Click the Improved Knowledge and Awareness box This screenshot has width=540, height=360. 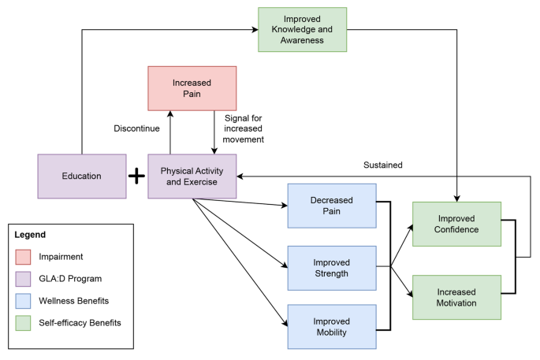pyautogui.click(x=302, y=30)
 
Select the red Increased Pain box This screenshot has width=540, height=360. pyautogui.click(x=192, y=88)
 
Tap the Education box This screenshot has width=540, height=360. pyautogui.click(x=82, y=176)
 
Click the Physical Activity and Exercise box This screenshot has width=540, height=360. pyautogui.click(x=192, y=176)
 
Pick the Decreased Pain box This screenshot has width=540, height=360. pyautogui.click(x=331, y=206)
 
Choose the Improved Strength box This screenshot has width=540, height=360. pyautogui.click(x=331, y=268)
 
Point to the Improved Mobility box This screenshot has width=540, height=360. pyautogui.click(x=331, y=326)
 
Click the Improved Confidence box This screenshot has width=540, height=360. pyautogui.click(x=456, y=225)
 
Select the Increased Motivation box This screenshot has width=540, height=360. pyautogui.click(x=456, y=297)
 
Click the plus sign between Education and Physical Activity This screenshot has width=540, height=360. pyautogui.click(x=137, y=176)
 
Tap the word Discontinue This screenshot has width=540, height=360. pyautogui.click(x=139, y=128)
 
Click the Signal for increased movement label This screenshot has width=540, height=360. pyautogui.click(x=244, y=128)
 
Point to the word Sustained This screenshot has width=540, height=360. pyautogui.click(x=383, y=165)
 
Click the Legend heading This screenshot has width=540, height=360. pyautogui.click(x=30, y=235)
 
